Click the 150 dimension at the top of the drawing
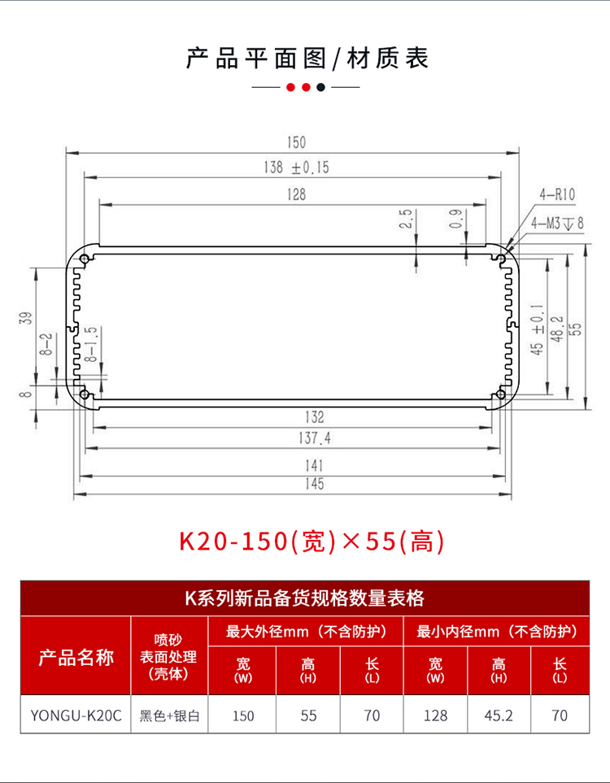(x=295, y=142)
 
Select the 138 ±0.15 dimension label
(x=296, y=168)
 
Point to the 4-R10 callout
(x=557, y=194)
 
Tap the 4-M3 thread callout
(x=557, y=223)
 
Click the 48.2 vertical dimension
(x=557, y=327)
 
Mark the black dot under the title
(x=320, y=87)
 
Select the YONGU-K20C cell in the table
(x=76, y=716)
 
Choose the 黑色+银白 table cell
(x=170, y=716)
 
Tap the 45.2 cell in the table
(x=499, y=716)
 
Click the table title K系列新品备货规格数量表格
(x=304, y=599)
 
